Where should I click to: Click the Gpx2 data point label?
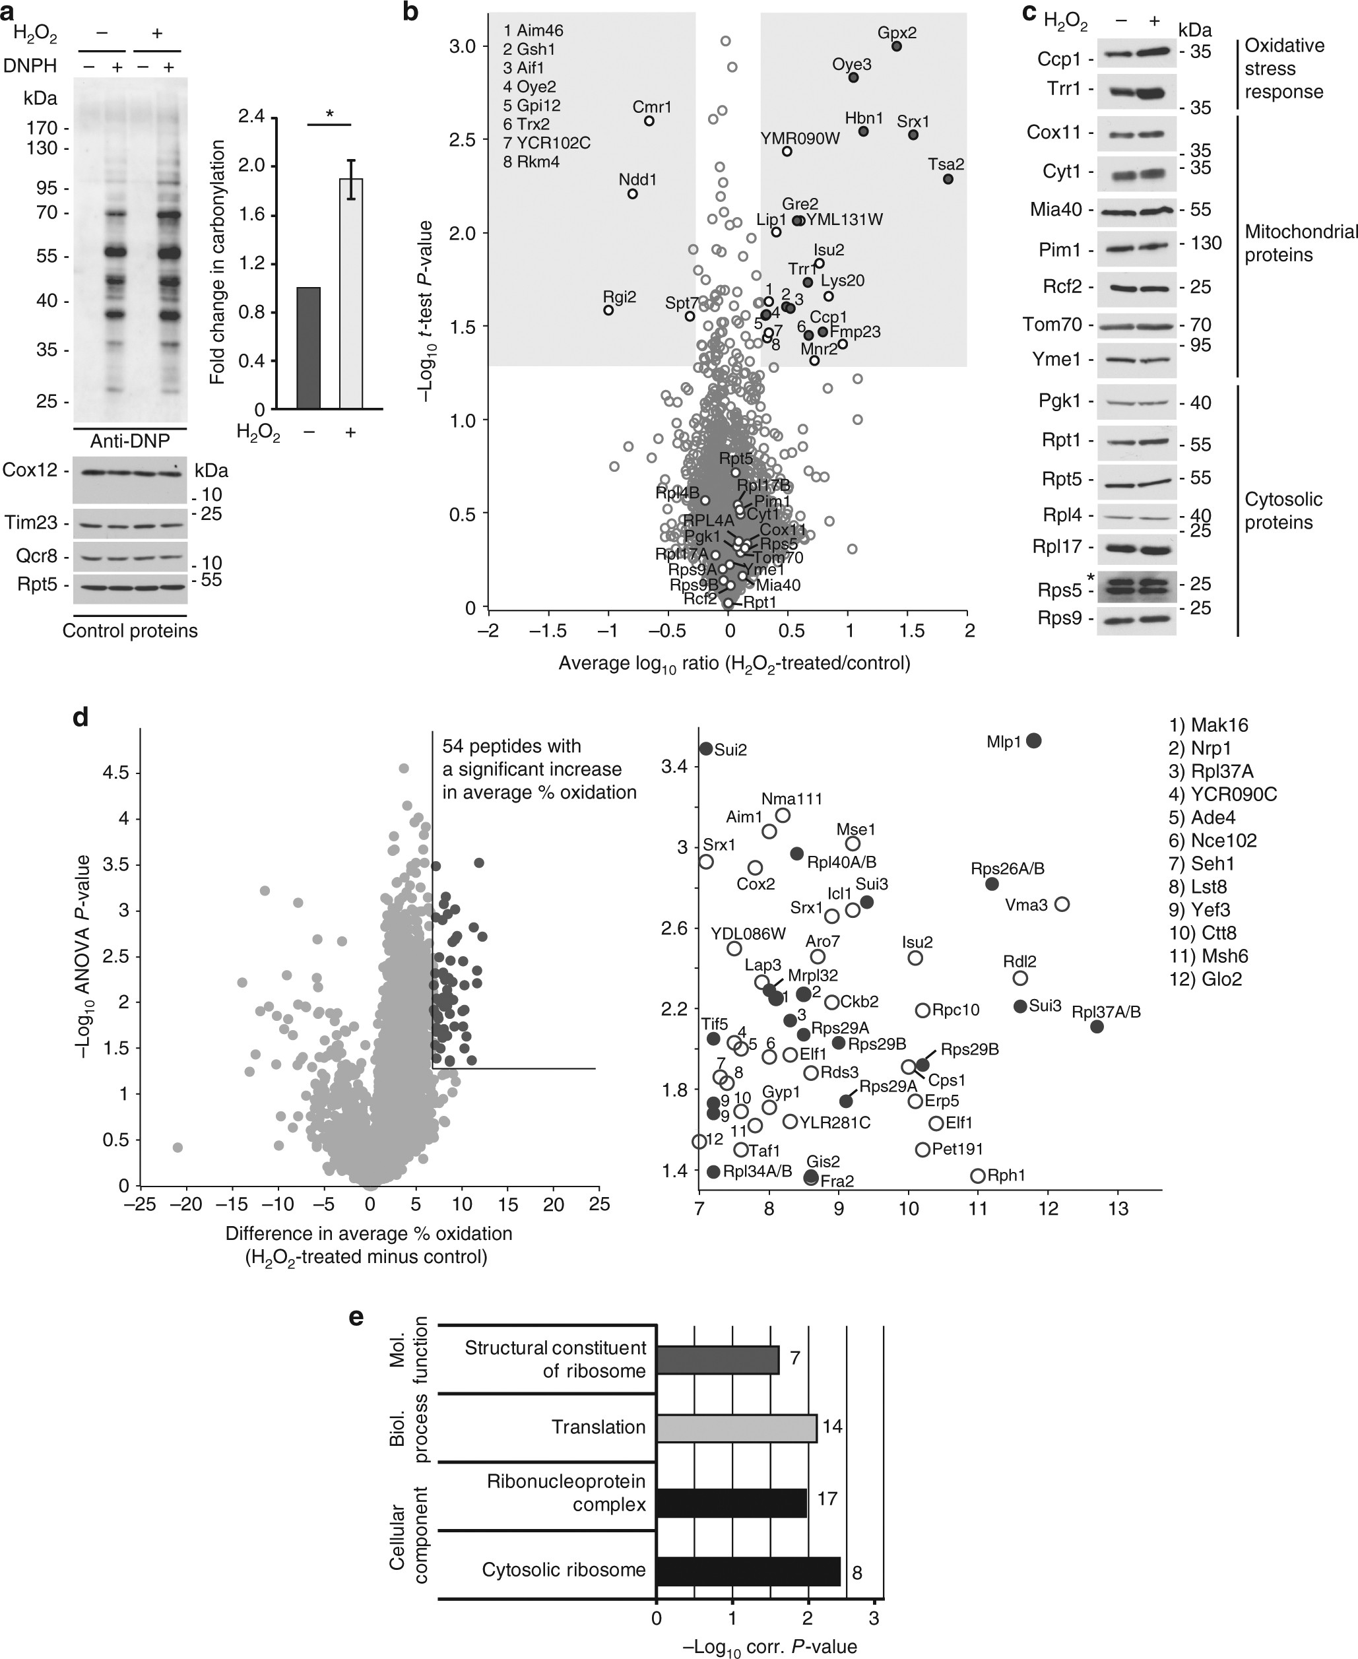pyautogui.click(x=897, y=34)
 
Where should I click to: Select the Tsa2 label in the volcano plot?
pyautogui.click(x=946, y=164)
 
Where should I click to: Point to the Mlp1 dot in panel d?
pyautogui.click(x=1033, y=740)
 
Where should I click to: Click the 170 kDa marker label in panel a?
pyautogui.click(x=42, y=127)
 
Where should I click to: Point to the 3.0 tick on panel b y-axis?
pyautogui.click(x=464, y=46)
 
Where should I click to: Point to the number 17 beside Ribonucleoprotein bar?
pyautogui.click(x=827, y=1499)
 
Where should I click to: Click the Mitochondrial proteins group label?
pyautogui.click(x=1299, y=244)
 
